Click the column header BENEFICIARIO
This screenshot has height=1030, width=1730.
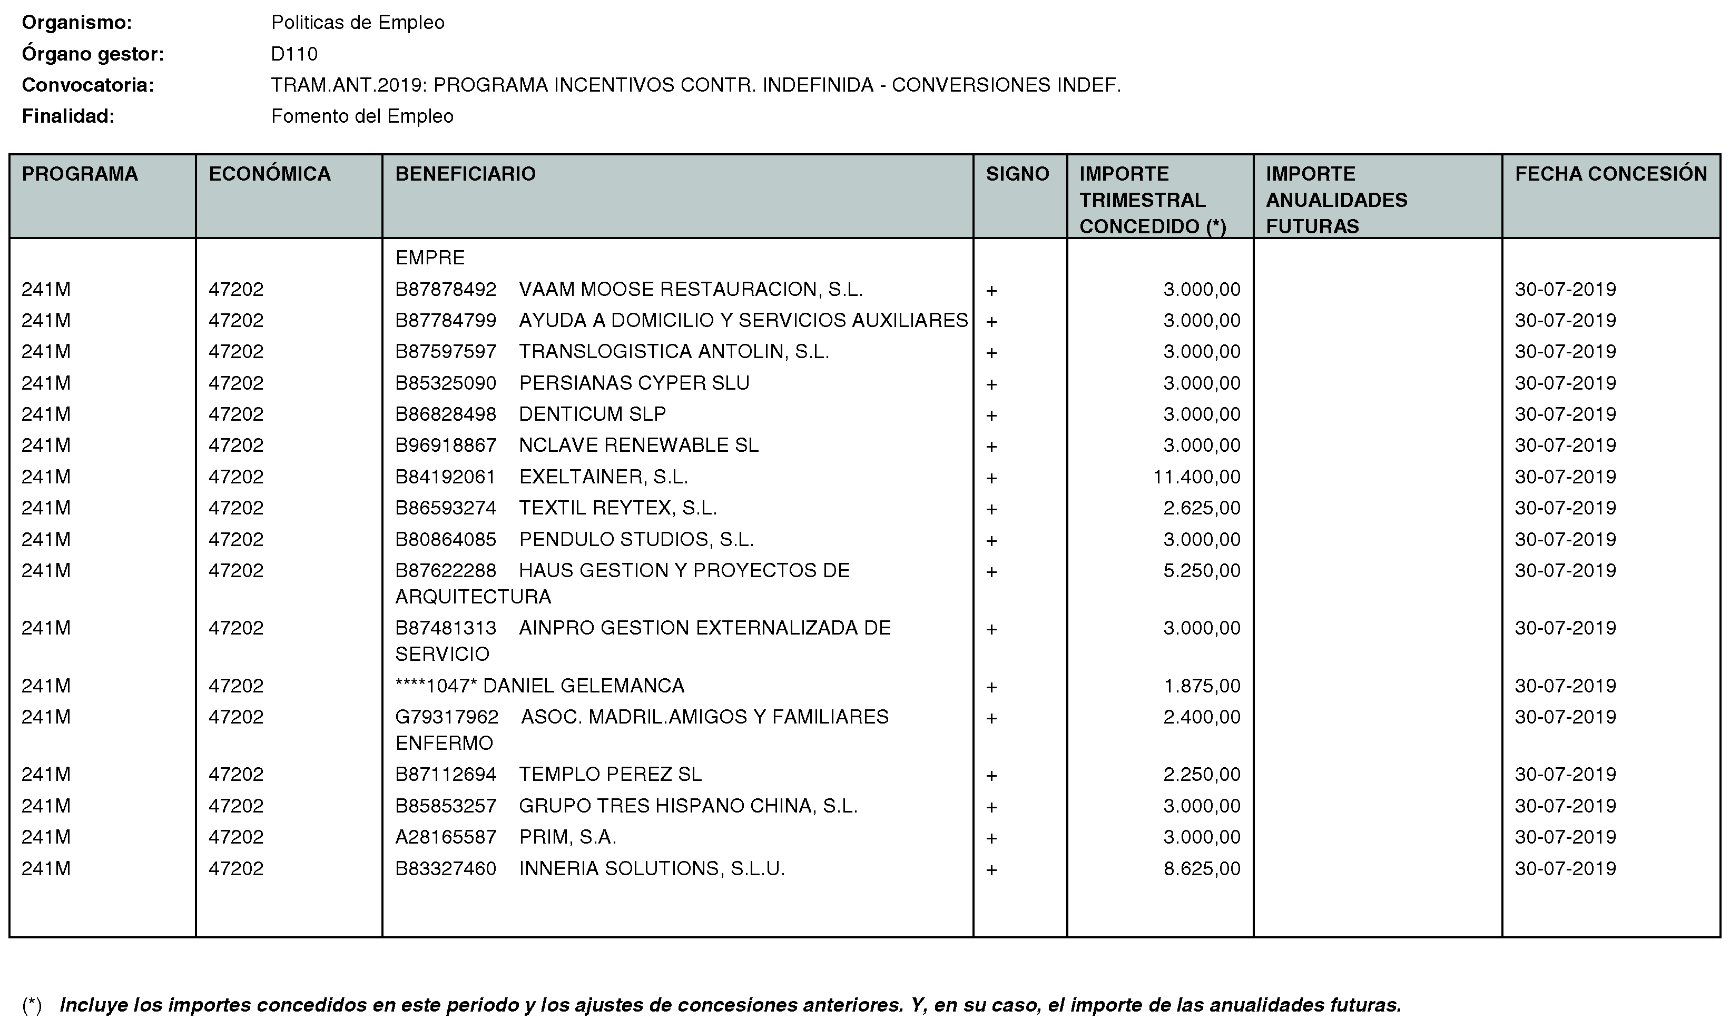point(465,174)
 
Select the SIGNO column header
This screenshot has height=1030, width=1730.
point(1017,174)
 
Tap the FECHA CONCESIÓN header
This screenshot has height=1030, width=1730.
point(1610,174)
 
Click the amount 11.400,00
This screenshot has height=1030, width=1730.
point(1196,477)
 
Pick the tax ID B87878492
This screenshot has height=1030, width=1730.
point(446,290)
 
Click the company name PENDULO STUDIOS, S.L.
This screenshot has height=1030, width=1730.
point(636,539)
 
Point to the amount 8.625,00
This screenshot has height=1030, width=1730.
point(1202,868)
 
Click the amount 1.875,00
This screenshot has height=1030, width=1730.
point(1202,686)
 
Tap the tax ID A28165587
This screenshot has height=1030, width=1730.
point(446,837)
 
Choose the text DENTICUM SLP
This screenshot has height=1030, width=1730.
point(592,414)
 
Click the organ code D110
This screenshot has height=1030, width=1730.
point(294,54)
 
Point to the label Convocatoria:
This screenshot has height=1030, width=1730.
point(87,85)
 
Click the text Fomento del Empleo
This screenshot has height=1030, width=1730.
point(362,116)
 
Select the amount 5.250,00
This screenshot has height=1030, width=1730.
point(1202,570)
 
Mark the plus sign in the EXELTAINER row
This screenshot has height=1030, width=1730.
point(991,478)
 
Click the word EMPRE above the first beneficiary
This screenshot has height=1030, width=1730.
point(430,257)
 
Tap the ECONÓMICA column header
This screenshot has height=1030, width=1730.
point(269,174)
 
